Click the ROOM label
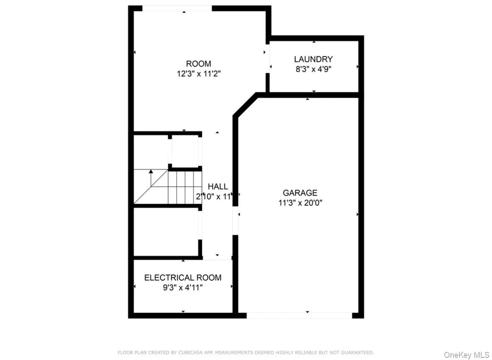198,64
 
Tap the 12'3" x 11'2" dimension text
199,74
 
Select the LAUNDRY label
313,59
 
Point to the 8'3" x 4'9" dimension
313,69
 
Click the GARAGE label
300,193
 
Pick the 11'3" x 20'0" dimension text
300,203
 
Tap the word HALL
218,186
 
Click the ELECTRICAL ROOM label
183,278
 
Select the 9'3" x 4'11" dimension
183,288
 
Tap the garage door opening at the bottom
299,315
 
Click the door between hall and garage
235,221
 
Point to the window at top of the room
177,8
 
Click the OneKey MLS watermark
466,355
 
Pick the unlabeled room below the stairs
166,231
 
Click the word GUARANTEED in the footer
358,352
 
